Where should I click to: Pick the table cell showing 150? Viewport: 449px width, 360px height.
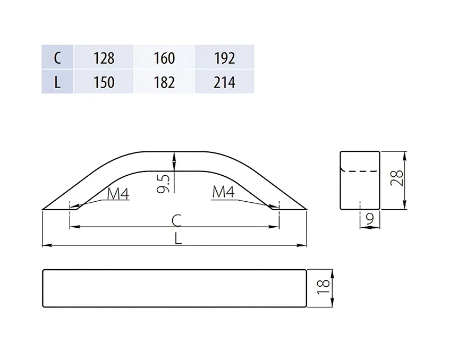104,82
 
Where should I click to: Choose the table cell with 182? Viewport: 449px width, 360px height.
164,82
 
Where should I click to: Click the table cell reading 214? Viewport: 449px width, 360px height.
224,82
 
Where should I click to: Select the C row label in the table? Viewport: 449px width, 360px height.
57,58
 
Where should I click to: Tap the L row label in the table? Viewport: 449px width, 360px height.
57,82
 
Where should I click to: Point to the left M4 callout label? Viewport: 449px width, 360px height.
118,193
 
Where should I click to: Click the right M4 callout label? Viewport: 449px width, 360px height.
223,192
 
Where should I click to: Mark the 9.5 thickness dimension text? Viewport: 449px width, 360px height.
164,184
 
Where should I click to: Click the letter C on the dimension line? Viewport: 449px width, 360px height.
176,220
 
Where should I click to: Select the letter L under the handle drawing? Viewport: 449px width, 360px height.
178,238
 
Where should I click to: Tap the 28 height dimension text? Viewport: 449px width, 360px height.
396,178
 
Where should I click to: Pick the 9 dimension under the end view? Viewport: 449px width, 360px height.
370,218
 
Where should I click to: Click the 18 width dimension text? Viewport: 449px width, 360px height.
323,287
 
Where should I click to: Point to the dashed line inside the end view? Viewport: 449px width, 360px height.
360,171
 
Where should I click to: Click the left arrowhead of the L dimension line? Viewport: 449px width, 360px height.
47,245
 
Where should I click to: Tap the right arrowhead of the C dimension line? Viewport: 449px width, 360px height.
273,227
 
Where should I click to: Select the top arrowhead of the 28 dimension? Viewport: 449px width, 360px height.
404,157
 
